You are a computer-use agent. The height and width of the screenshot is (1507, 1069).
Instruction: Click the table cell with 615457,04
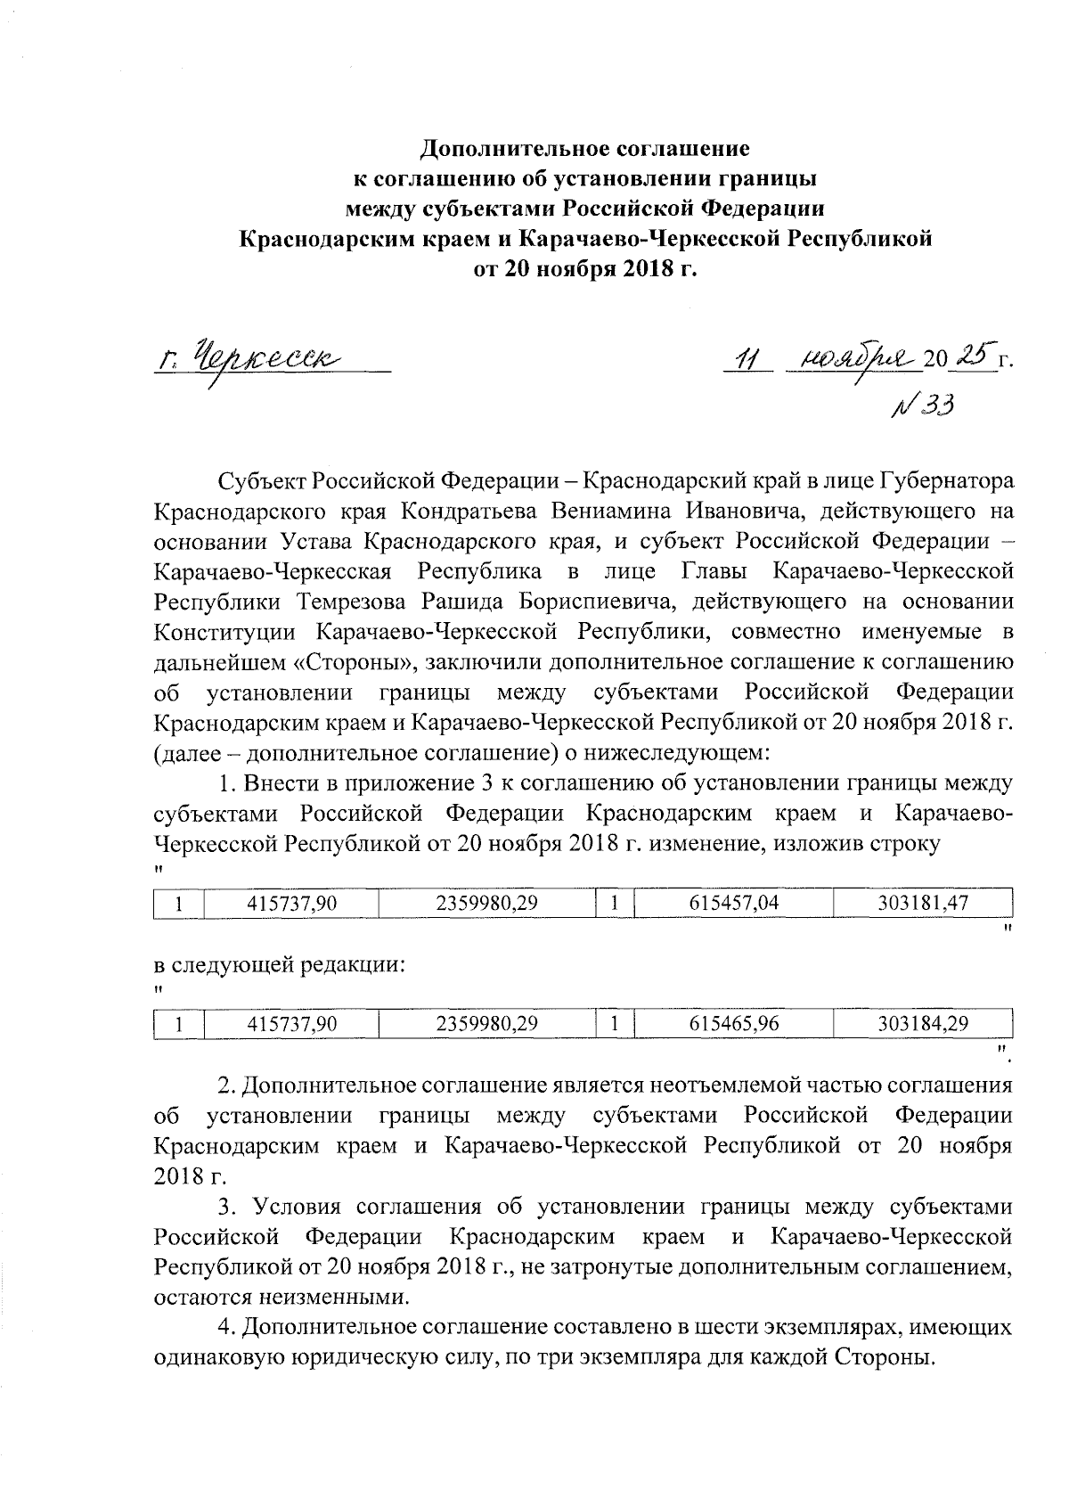(734, 903)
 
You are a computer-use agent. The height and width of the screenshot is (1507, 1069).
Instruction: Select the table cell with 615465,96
(734, 1025)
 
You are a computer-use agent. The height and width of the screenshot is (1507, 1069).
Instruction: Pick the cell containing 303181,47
(922, 903)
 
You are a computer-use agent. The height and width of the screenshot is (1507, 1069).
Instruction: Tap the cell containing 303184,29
(922, 1025)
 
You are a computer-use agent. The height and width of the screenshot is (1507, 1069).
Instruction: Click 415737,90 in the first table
(291, 903)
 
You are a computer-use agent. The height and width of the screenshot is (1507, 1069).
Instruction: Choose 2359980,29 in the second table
(486, 1025)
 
